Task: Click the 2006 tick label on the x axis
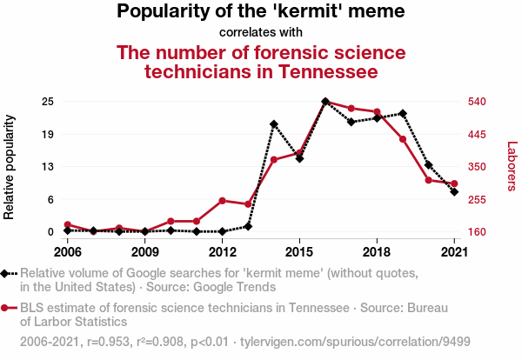point(68,252)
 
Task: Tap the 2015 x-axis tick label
point(299,252)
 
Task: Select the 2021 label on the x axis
point(454,252)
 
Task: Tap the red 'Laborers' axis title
point(512,167)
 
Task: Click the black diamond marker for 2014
point(274,124)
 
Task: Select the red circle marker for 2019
point(403,139)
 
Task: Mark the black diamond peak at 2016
point(325,102)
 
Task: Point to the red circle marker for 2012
point(223,201)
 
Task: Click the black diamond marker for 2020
point(429,164)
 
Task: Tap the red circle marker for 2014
point(274,160)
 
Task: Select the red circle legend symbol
point(7,307)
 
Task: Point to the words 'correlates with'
point(261,32)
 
